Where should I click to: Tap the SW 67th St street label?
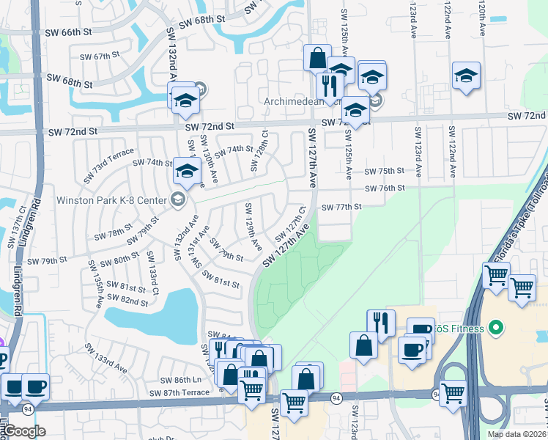(x=99, y=56)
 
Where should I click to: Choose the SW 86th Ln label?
(x=180, y=381)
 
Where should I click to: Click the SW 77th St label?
(x=342, y=207)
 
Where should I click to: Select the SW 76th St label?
(x=384, y=188)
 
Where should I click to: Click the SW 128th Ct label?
(x=254, y=152)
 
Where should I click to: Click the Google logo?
(x=24, y=431)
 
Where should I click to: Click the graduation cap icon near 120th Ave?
(x=466, y=76)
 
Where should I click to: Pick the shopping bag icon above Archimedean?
(x=318, y=58)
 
